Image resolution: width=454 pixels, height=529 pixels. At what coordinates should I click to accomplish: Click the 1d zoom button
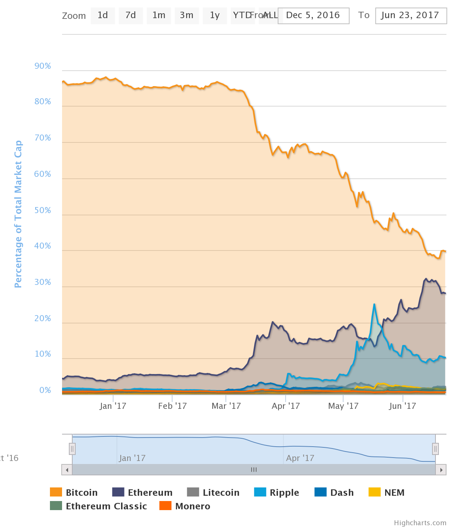point(103,15)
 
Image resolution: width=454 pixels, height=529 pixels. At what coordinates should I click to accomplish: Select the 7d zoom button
point(131,15)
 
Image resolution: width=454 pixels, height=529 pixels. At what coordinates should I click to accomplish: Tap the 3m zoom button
point(187,15)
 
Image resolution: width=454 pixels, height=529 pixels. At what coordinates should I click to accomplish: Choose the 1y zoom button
point(215,15)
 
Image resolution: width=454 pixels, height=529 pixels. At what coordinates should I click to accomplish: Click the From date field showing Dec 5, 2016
point(313,15)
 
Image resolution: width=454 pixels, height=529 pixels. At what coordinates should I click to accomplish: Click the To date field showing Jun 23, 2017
point(410,15)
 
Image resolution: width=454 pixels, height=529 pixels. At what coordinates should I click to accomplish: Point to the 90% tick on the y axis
point(43,67)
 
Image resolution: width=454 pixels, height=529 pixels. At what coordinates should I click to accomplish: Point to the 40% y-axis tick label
point(43,246)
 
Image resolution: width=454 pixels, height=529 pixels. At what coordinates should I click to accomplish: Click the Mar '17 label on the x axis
point(226,406)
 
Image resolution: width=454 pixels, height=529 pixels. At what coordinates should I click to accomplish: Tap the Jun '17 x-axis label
point(402,406)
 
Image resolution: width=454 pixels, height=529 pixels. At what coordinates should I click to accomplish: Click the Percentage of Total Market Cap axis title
point(18,214)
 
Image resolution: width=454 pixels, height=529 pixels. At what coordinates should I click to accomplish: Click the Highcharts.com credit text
point(420,523)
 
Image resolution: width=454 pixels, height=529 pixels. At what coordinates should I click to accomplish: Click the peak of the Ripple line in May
point(374,304)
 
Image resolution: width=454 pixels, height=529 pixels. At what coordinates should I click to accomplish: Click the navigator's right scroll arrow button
point(441,470)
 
